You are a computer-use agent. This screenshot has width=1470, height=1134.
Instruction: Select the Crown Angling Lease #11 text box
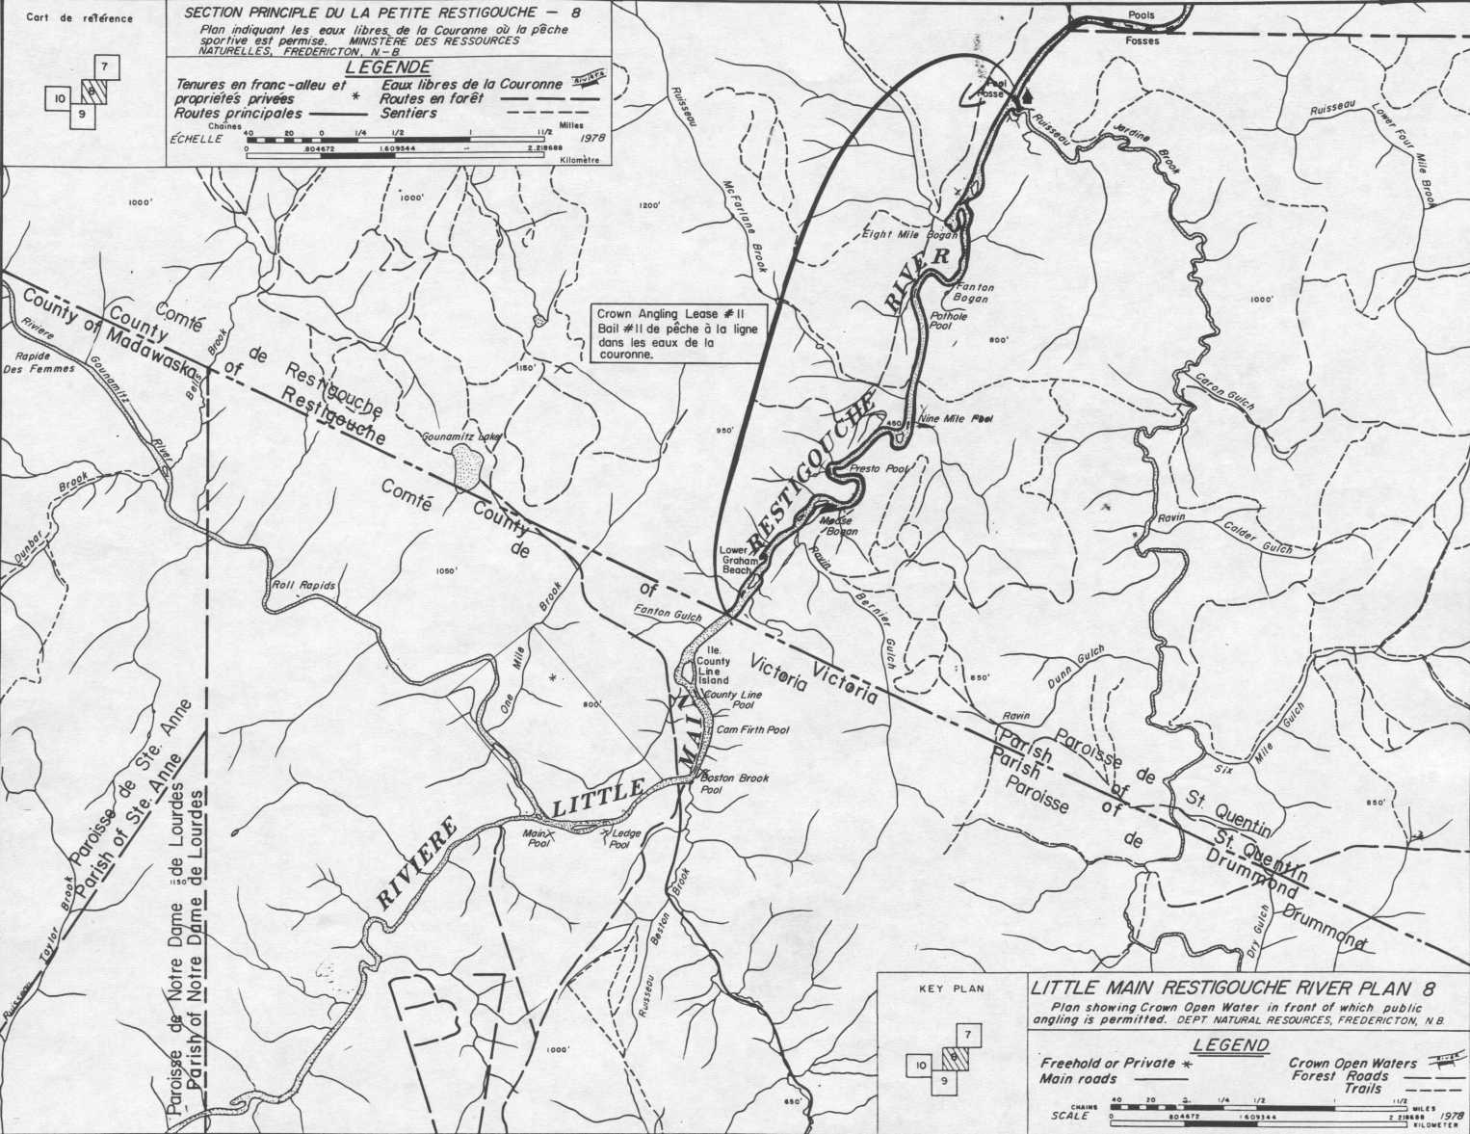pos(676,334)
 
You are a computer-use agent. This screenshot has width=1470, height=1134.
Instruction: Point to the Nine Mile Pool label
pos(956,419)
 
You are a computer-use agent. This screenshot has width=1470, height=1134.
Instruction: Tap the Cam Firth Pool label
pos(752,730)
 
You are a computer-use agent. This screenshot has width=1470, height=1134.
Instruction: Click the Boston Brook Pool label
pos(733,783)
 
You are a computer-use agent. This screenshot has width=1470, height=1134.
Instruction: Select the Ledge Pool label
pos(618,839)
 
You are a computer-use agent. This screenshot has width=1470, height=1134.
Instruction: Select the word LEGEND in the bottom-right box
pos(1230,1045)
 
